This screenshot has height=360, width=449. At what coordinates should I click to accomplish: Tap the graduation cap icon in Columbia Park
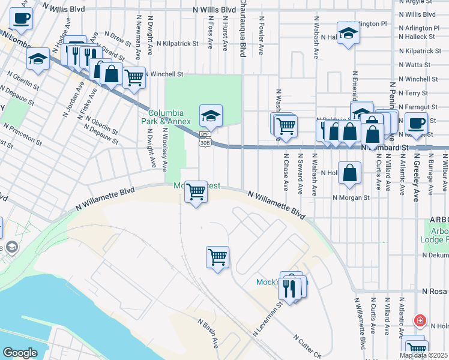tap(211, 115)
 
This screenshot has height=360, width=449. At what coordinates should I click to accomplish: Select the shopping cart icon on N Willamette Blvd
tap(196, 192)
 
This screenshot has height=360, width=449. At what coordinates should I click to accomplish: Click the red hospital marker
tap(420, 320)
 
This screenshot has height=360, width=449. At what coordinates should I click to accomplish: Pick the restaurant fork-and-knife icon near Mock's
tap(291, 289)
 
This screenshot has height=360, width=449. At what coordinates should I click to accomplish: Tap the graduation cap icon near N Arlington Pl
tap(348, 33)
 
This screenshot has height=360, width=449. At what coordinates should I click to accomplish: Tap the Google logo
tap(20, 353)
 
